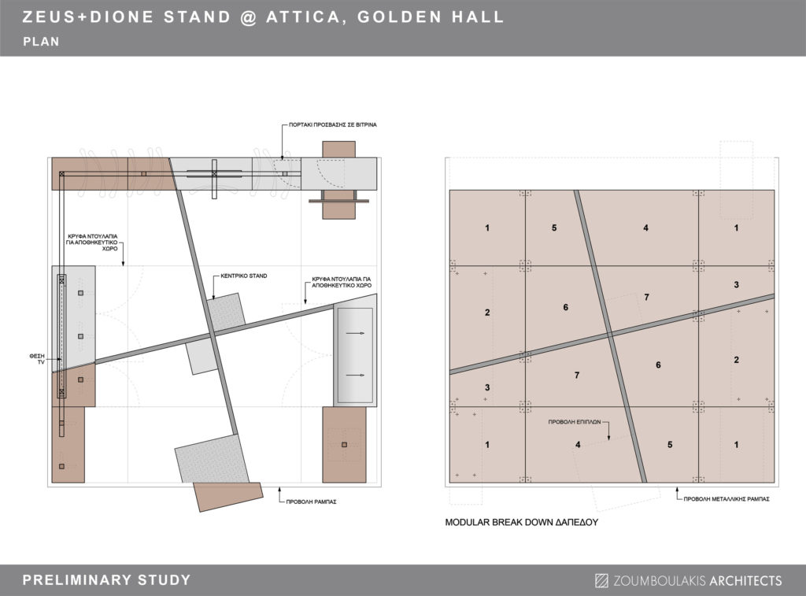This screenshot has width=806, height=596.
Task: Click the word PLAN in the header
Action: point(41,42)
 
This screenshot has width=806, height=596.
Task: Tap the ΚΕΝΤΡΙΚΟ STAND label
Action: point(244,276)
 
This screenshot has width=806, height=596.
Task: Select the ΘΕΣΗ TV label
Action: point(37,359)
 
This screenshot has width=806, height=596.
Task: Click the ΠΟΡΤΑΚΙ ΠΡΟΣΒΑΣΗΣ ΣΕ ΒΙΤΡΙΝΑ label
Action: point(333,125)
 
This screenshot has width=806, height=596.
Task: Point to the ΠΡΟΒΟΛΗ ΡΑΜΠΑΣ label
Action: point(311,502)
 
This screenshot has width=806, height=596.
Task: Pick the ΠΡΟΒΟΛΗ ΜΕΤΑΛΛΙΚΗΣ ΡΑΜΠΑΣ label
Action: point(727,499)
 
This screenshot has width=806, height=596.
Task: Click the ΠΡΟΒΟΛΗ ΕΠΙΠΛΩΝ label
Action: point(574,422)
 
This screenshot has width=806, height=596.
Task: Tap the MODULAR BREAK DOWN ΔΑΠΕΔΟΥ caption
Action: point(521,523)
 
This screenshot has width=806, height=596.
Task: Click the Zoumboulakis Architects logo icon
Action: point(601,580)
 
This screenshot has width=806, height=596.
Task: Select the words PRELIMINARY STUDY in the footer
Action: point(106,580)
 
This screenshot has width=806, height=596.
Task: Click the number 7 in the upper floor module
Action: point(647,298)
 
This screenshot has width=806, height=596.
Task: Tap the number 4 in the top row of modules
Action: point(645,228)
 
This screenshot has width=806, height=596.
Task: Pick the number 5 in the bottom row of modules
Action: point(670,445)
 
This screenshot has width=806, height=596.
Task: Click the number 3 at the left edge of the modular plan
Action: point(487,387)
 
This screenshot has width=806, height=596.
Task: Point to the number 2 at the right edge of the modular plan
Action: point(736,360)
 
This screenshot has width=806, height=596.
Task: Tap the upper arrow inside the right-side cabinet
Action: point(355,334)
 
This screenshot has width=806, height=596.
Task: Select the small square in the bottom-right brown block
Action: point(345,445)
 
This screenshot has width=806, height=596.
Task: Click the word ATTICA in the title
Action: point(303,17)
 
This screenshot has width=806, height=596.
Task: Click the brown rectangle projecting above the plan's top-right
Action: point(338,149)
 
